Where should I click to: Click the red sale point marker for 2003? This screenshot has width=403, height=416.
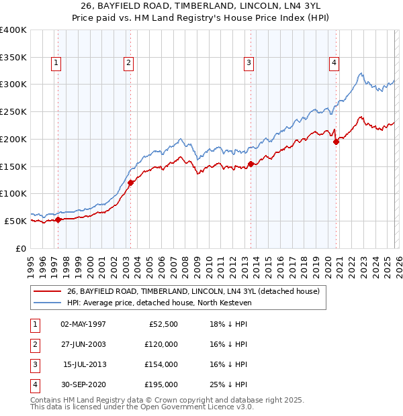[x=131, y=183]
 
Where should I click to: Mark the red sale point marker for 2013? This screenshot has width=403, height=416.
[x=251, y=164]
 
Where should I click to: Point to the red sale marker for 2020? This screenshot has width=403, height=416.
[x=337, y=141]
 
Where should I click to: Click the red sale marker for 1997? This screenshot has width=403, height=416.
[x=58, y=219]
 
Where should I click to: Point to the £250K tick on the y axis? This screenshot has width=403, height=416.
[x=13, y=112]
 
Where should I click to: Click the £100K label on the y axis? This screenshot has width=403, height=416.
[x=13, y=193]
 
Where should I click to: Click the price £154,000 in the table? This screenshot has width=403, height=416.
[x=161, y=364]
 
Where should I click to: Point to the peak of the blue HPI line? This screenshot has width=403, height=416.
[x=361, y=73]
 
